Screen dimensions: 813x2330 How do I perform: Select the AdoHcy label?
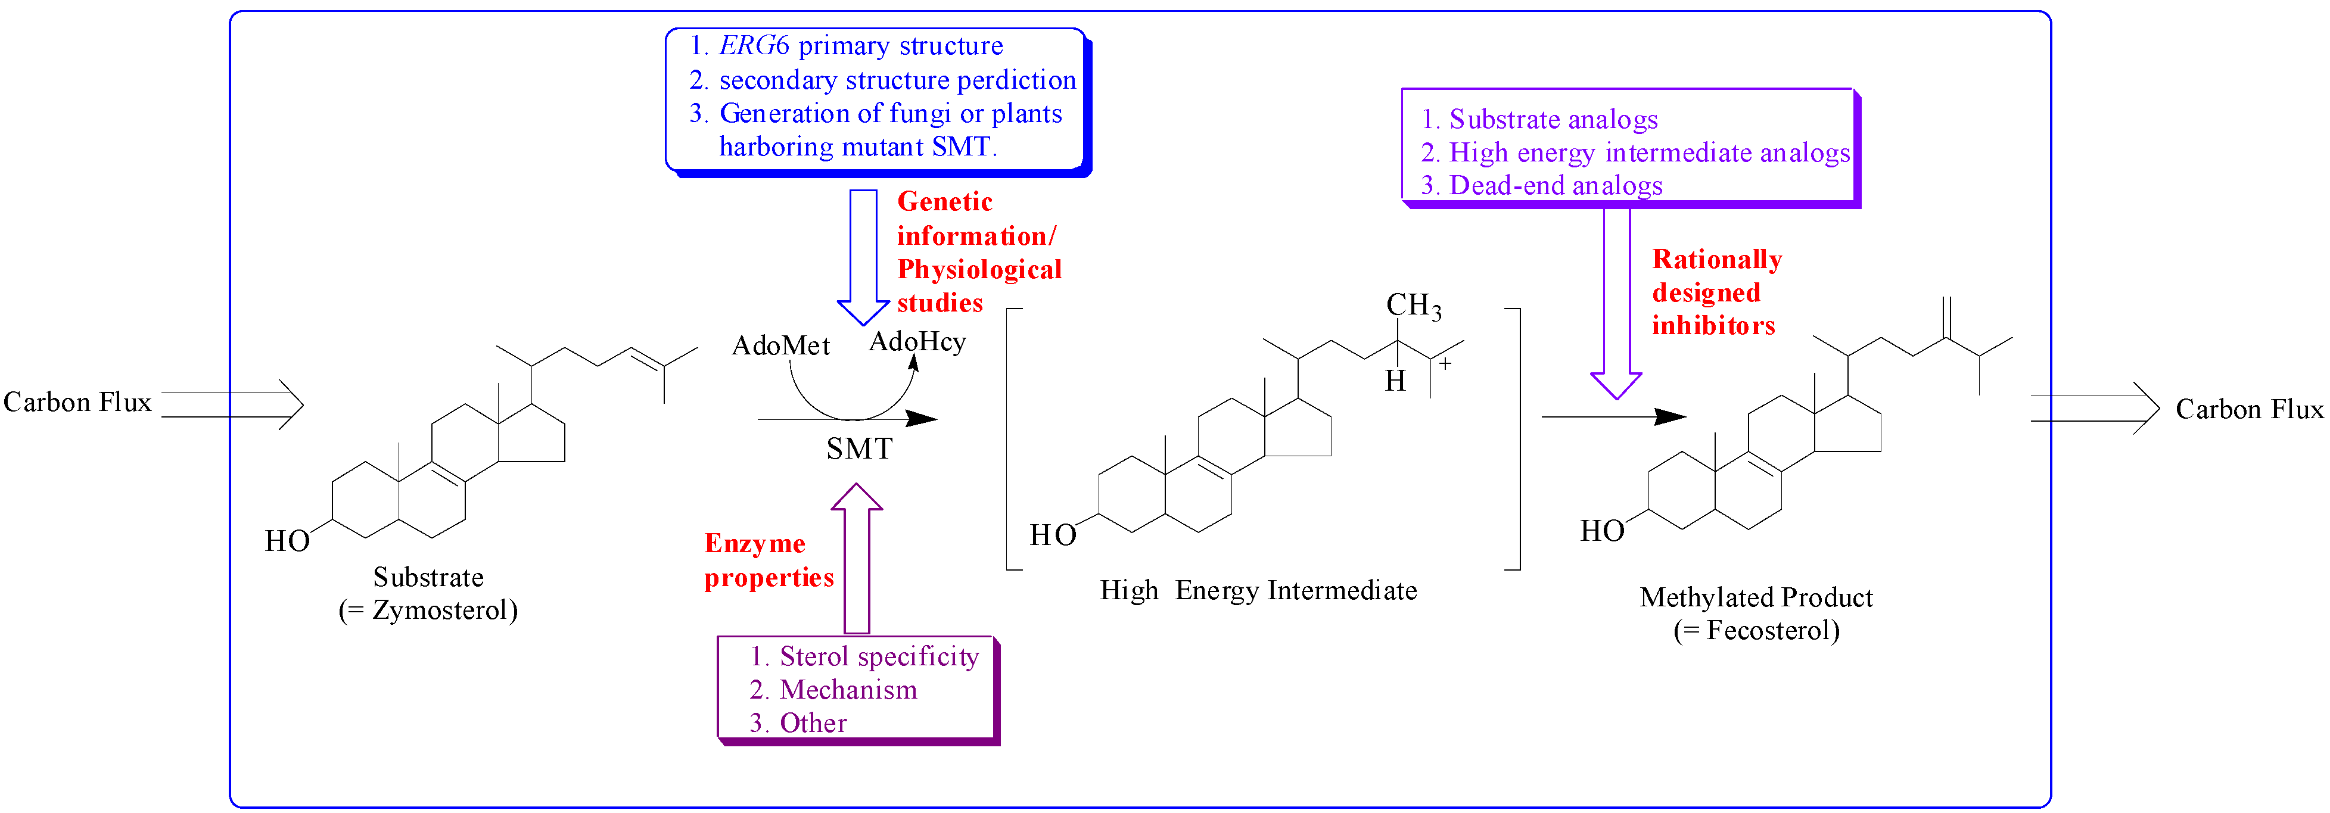tap(917, 342)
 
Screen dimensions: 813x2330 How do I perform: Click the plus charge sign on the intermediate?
tap(1445, 363)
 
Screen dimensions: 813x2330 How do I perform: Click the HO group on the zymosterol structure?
tap(287, 541)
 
